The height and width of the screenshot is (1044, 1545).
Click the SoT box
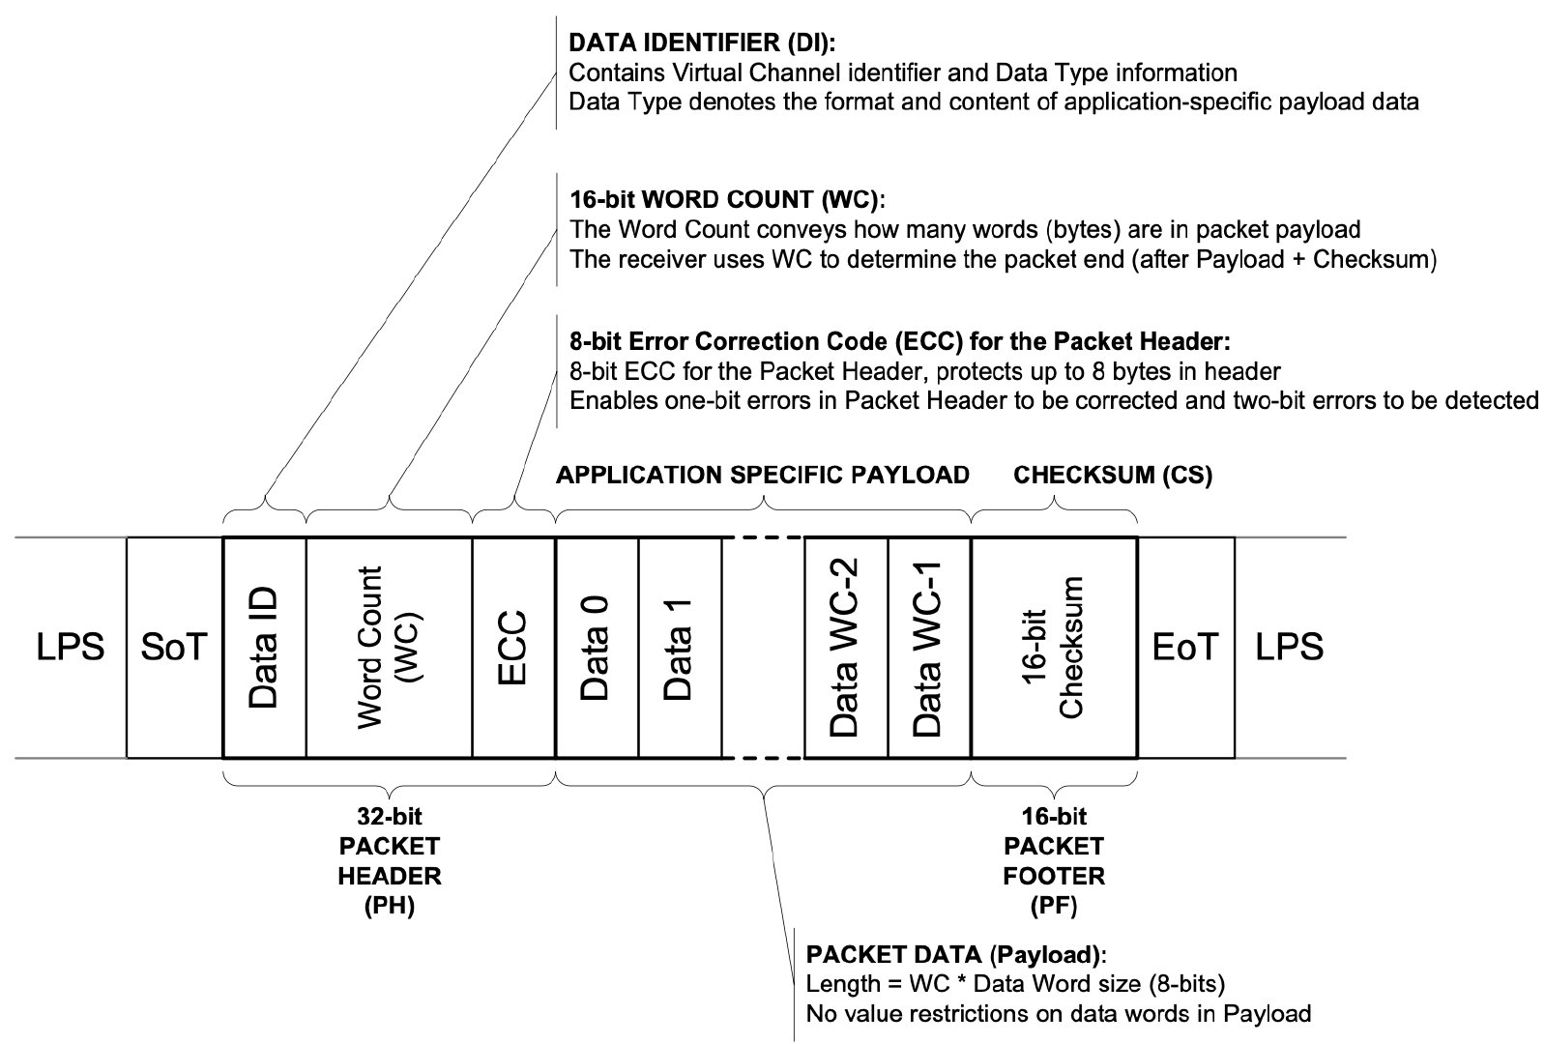[x=174, y=647]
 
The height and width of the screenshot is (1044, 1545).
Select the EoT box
[x=1185, y=647]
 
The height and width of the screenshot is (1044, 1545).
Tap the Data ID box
[x=264, y=647]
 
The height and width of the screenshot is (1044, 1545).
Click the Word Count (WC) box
[x=389, y=647]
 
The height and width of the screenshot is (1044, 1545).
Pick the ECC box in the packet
[x=513, y=647]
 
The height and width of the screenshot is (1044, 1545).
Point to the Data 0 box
[x=597, y=647]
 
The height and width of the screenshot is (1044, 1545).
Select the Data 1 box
[x=680, y=647]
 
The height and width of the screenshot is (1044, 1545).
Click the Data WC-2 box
[x=846, y=647]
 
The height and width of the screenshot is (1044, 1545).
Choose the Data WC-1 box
[x=928, y=647]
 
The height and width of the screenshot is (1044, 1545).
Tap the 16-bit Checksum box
[x=1054, y=647]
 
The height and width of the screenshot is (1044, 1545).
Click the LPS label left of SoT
[x=70, y=647]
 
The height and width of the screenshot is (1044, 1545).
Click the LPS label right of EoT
[x=1289, y=647]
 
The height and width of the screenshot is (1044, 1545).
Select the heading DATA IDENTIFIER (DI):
[x=702, y=43]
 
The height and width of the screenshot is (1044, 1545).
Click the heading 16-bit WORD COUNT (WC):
[x=727, y=200]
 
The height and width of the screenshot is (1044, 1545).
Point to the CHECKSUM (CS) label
[x=1112, y=475]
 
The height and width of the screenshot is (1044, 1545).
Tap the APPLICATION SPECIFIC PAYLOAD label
[x=762, y=475]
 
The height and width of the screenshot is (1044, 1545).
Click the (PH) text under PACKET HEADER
[x=390, y=907]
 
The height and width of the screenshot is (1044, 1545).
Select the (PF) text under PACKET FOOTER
[x=1053, y=907]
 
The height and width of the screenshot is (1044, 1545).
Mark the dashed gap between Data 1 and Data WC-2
[x=763, y=647]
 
